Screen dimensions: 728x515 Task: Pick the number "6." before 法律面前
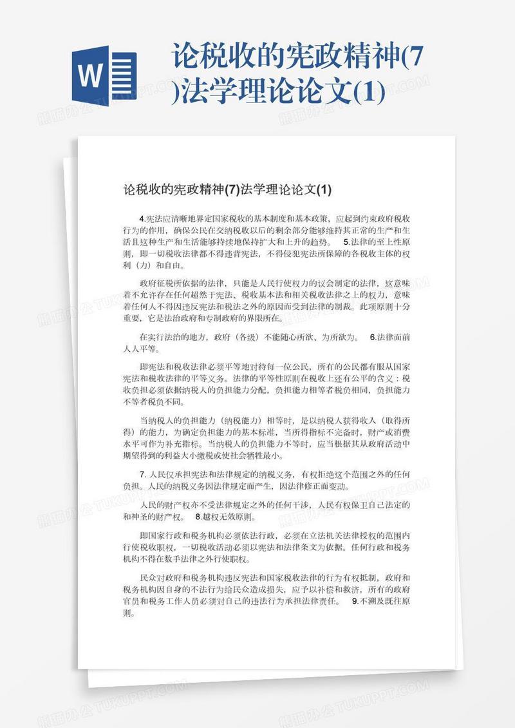[374, 337]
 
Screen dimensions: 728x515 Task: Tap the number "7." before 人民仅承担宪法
[143, 474]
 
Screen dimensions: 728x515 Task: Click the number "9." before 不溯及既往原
[355, 601]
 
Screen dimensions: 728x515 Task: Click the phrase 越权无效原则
[229, 517]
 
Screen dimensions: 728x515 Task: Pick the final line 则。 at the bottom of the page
[129, 613]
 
